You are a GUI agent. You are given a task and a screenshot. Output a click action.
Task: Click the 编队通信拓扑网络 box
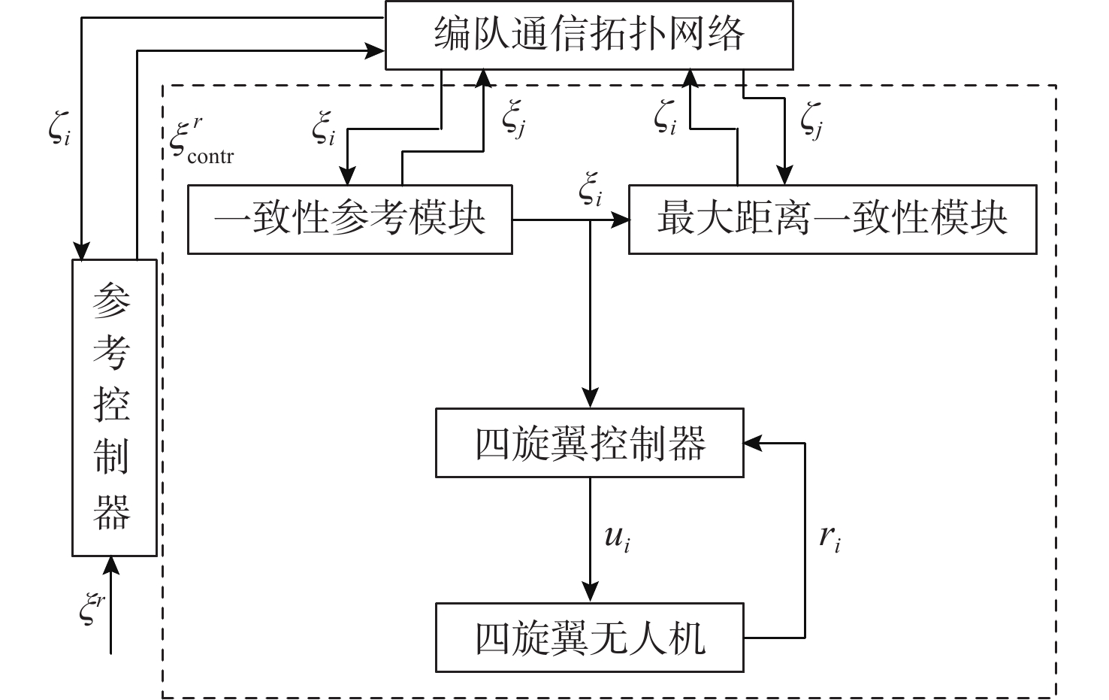click(589, 35)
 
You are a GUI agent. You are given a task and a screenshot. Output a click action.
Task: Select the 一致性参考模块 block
click(349, 220)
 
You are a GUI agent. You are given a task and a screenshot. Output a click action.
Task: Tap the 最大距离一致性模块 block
click(833, 220)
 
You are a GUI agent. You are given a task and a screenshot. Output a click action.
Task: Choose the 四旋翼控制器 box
click(590, 443)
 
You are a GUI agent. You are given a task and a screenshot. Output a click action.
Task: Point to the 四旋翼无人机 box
click(590, 638)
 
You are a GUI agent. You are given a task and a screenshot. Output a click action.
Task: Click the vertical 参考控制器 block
click(114, 408)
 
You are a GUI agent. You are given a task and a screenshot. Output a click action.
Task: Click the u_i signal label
click(617, 538)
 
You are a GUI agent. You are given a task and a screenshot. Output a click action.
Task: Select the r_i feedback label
click(829, 538)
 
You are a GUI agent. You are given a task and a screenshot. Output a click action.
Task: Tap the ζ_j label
click(811, 120)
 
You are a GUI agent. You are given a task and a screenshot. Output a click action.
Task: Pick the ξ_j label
click(514, 120)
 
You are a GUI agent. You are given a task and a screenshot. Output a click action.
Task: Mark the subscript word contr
click(210, 157)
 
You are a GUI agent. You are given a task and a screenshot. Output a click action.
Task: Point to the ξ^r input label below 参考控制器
click(92, 608)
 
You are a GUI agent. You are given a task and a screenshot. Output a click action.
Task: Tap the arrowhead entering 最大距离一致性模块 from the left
click(620, 220)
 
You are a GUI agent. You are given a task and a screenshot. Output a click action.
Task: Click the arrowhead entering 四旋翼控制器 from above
click(591, 398)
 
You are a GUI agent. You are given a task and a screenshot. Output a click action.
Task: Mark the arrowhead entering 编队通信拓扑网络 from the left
click(376, 51)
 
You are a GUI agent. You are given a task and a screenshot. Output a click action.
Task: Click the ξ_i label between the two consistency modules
click(591, 190)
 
